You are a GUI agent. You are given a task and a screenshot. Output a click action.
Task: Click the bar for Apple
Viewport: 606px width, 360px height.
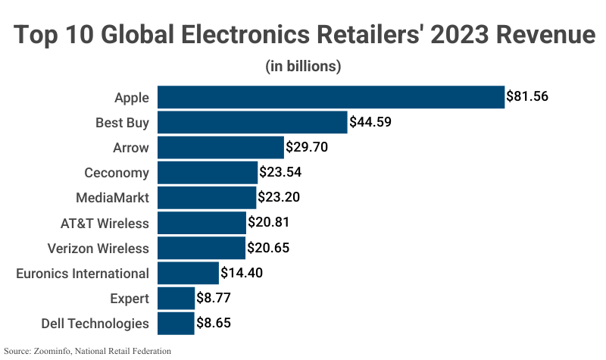(330, 97)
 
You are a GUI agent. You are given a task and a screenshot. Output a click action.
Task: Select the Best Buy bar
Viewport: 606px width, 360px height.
(251, 122)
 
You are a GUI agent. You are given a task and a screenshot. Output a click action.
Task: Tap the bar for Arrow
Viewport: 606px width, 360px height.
(220, 147)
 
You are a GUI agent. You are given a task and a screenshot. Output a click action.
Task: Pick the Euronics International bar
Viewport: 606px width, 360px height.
(187, 272)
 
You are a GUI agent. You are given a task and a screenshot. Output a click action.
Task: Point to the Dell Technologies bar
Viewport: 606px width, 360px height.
(175, 323)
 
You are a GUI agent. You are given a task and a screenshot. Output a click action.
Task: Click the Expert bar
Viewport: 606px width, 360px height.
(175, 298)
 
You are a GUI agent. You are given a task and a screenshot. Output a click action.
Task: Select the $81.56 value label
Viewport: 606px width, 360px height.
(527, 97)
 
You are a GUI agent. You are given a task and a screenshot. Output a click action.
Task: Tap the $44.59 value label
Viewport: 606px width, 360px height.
(370, 122)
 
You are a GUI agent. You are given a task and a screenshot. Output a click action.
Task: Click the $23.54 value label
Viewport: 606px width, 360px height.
(280, 172)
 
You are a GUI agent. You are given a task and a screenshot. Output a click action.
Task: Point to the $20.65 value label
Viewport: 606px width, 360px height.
(268, 248)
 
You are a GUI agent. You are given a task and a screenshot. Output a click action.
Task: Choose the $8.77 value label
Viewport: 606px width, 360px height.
(214, 298)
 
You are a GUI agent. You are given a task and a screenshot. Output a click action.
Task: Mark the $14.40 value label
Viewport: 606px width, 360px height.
(242, 273)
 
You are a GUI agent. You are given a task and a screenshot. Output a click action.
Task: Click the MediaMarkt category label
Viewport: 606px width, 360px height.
(112, 198)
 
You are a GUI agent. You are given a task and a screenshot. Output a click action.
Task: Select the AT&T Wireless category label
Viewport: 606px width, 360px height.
(105, 223)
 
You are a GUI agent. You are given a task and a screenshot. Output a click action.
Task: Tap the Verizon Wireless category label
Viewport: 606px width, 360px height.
(98, 248)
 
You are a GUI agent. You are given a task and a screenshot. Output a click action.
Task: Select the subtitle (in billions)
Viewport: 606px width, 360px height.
(303, 66)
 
